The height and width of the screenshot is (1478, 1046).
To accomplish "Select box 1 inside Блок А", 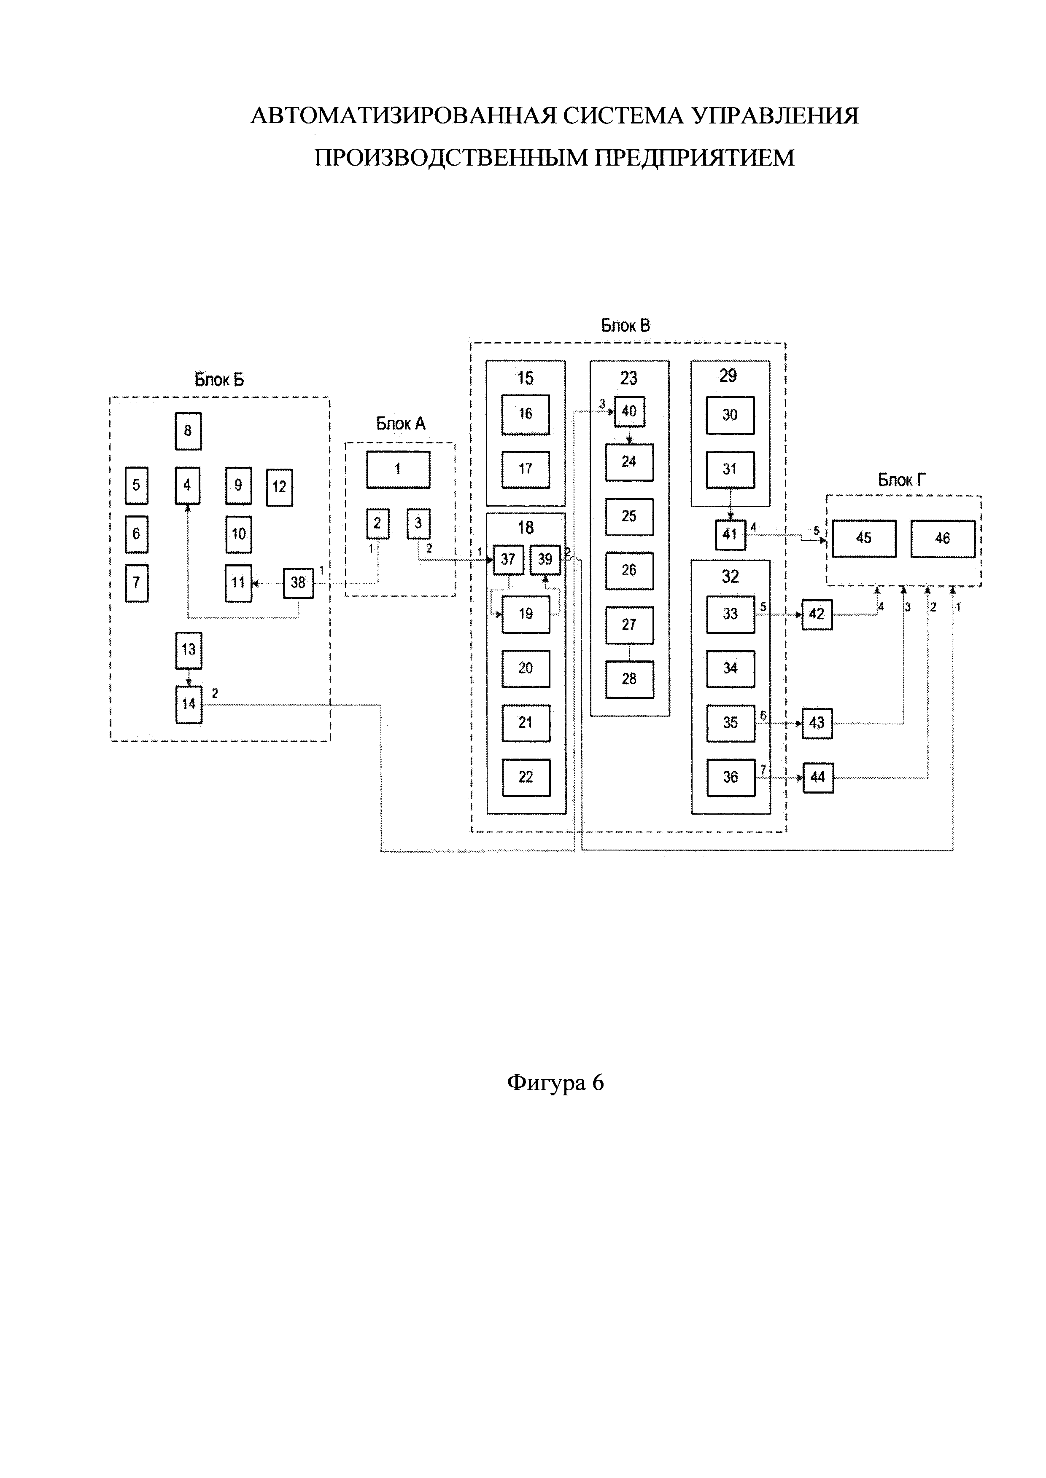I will pyautogui.click(x=398, y=469).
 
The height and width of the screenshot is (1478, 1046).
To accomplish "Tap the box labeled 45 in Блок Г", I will pyautogui.click(x=864, y=538).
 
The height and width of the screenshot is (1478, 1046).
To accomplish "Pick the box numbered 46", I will pyautogui.click(x=942, y=538).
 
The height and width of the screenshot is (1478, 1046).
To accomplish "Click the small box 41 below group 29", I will pyautogui.click(x=730, y=534).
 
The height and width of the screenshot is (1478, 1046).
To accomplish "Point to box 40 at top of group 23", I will pyautogui.click(x=629, y=411).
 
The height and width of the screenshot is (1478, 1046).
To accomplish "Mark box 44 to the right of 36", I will pyautogui.click(x=817, y=778).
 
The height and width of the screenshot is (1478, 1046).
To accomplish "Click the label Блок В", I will pyautogui.click(x=625, y=326).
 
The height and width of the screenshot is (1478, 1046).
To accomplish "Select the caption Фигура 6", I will pyautogui.click(x=555, y=1084).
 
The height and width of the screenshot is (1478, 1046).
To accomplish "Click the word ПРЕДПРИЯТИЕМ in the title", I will pyautogui.click(x=693, y=158).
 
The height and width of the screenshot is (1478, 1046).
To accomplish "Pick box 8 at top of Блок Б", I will pyautogui.click(x=188, y=431).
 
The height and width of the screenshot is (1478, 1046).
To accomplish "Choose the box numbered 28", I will pyautogui.click(x=629, y=679).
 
